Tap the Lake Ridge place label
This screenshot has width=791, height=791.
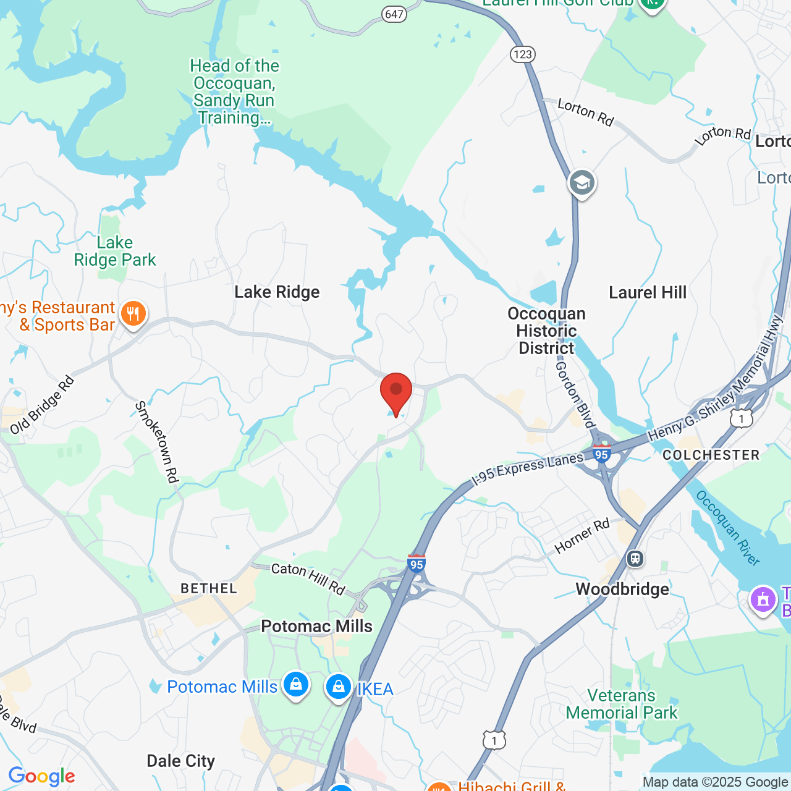tap(277, 292)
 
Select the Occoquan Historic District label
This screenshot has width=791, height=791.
tap(546, 331)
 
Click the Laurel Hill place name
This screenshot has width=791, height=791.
tap(647, 292)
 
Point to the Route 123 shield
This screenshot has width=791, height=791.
tap(522, 54)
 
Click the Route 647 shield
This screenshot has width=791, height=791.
tap(394, 14)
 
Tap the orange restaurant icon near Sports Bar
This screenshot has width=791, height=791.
tap(133, 314)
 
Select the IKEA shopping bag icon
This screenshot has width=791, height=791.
tap(338, 687)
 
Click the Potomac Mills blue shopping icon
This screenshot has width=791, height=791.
tap(296, 685)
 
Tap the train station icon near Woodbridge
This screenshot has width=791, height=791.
tap(635, 559)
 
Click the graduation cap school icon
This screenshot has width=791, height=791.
tap(582, 183)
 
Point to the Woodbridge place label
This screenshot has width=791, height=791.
tap(622, 589)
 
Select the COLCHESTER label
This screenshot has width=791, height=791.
tap(711, 455)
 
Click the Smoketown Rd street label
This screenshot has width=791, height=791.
tap(157, 441)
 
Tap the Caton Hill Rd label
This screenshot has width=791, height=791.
tap(308, 578)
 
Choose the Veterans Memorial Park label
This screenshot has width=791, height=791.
tap(622, 704)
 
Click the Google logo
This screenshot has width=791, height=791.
tap(41, 776)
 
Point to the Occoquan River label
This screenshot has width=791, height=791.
tap(727, 527)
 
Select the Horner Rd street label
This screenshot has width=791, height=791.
tap(582, 536)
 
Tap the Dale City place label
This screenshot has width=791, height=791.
tap(180, 761)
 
